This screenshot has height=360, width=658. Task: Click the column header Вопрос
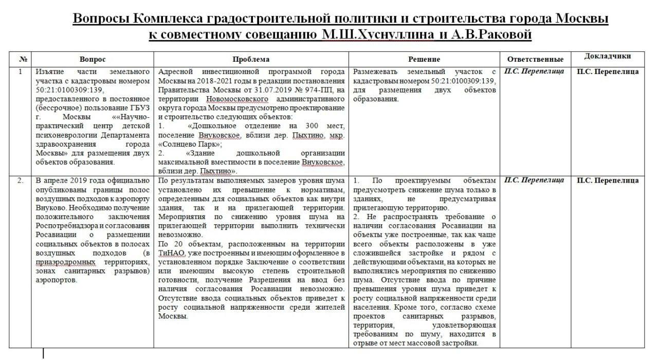pos(93,59)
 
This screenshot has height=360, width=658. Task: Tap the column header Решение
pos(424,59)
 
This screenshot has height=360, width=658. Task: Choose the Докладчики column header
pos(608,57)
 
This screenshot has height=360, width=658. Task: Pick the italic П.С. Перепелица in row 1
pos(534,71)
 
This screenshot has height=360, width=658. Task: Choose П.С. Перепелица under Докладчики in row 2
pos(608,180)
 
